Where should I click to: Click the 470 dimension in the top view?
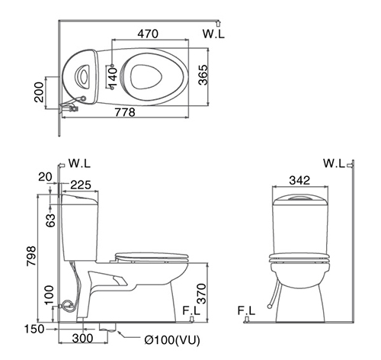click(x=148, y=34)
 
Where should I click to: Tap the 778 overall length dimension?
click(x=125, y=112)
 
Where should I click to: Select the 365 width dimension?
click(x=203, y=75)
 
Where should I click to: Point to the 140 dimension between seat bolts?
click(x=112, y=77)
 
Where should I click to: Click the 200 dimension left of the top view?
click(x=39, y=92)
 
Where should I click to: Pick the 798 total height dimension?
click(x=31, y=256)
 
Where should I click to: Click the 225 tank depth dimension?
click(x=81, y=185)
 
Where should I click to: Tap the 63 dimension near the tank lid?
click(x=50, y=220)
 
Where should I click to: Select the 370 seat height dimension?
click(x=201, y=294)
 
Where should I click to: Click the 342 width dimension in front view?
click(x=299, y=180)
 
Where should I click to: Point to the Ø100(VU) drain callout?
click(x=172, y=340)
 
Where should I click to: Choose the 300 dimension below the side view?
click(x=82, y=338)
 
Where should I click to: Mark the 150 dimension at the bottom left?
click(x=34, y=329)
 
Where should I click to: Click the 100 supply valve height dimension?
click(x=49, y=295)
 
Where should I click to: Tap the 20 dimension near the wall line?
click(x=45, y=177)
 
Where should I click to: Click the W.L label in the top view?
click(x=213, y=34)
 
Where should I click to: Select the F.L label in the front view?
click(x=246, y=310)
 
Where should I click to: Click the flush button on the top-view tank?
click(x=82, y=75)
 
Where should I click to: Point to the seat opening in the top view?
click(x=146, y=77)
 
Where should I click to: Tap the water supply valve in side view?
click(x=68, y=305)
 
